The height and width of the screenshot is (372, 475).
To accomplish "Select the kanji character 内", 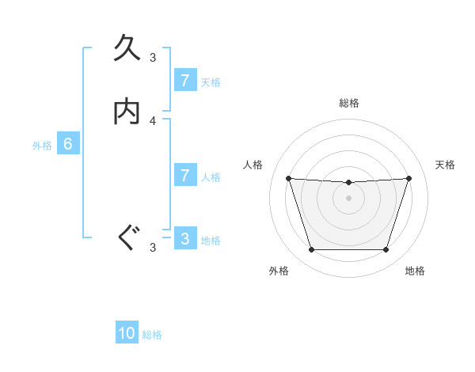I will point(127,112).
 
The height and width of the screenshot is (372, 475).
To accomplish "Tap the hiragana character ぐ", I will point(127,237).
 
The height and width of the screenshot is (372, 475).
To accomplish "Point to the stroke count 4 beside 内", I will point(154,121).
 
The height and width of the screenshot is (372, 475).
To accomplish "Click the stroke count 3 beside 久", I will point(154,57).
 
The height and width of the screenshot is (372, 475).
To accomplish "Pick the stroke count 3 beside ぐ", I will point(154,248).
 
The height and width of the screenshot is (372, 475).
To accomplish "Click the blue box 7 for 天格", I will point(184,80).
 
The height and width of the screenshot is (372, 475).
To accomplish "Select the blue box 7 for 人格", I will point(184,175).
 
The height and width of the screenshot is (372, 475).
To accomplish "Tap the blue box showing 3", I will point(184,238).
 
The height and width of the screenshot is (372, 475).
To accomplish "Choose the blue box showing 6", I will point(68,144).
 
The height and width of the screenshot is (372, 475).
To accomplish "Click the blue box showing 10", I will point(127,333).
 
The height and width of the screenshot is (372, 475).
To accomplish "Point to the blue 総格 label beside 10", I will point(152,335).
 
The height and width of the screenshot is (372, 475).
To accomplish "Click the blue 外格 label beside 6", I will point(42,146).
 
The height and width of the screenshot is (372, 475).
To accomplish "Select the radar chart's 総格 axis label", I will point(349,103).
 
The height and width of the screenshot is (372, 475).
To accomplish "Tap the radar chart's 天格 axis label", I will point(445,165).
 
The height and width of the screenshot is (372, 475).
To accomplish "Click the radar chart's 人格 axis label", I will point(253,165).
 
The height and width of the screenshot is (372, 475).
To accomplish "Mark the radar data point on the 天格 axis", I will point(408,178).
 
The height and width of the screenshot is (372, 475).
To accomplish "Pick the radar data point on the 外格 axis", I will point(311,250).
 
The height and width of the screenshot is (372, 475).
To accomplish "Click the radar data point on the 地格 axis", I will point(386,250).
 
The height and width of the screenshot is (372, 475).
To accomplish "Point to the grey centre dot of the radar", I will point(348,198).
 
